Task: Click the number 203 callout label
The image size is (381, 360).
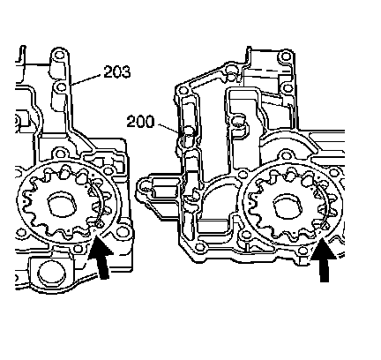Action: (x=116, y=71)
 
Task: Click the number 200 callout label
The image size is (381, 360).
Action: (x=140, y=122)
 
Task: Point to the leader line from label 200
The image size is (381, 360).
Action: (x=168, y=129)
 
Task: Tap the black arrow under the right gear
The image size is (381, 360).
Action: (x=323, y=260)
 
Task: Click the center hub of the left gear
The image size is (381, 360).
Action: (x=62, y=204)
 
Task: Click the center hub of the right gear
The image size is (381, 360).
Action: (x=288, y=206)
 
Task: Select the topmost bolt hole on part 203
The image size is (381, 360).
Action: (x=60, y=55)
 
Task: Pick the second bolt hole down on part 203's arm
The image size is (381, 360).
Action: (x=61, y=87)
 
